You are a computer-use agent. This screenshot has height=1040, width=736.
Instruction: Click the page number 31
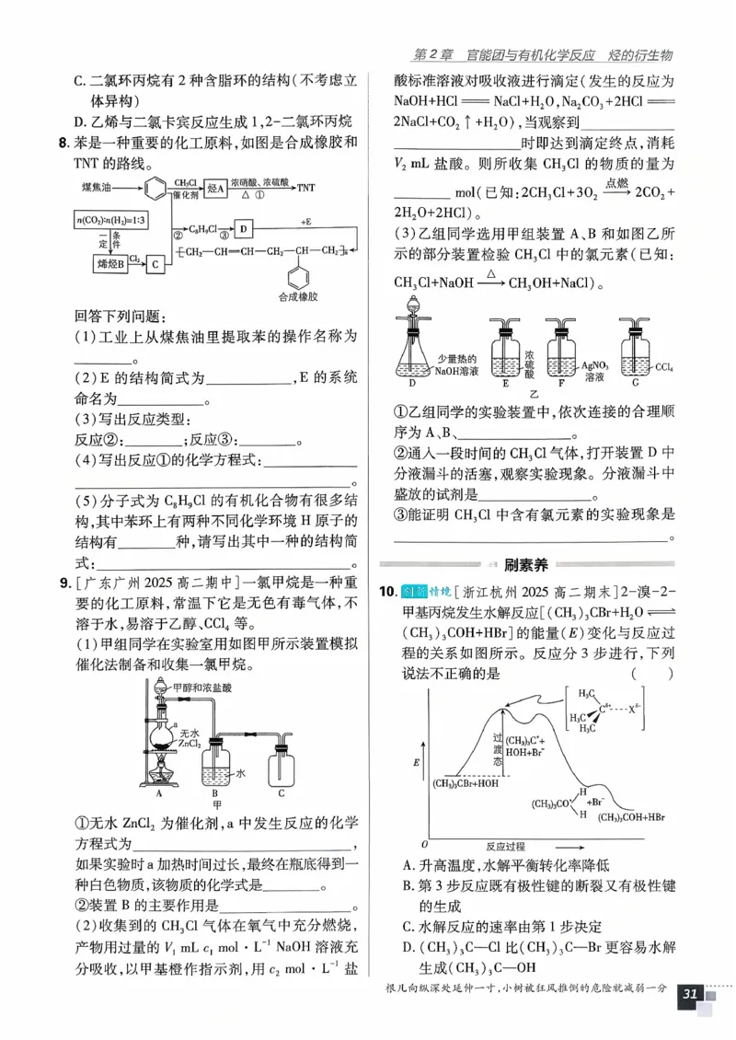coord(690,994)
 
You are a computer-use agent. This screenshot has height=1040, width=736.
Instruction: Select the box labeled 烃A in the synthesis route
coord(214,188)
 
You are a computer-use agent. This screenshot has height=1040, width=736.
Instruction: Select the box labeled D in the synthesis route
coord(242,227)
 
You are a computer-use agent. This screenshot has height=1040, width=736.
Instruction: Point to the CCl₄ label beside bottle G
coord(665,366)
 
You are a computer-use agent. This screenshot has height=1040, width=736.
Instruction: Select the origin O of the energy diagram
coord(424,843)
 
